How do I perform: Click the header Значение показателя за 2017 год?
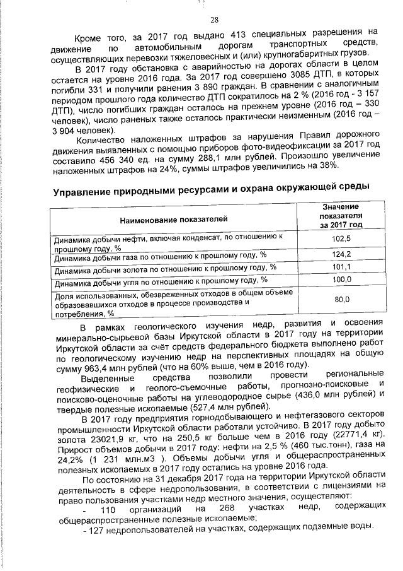340,216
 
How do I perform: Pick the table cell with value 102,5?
341,240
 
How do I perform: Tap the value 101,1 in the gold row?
341,268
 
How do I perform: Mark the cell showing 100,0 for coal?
341,280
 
